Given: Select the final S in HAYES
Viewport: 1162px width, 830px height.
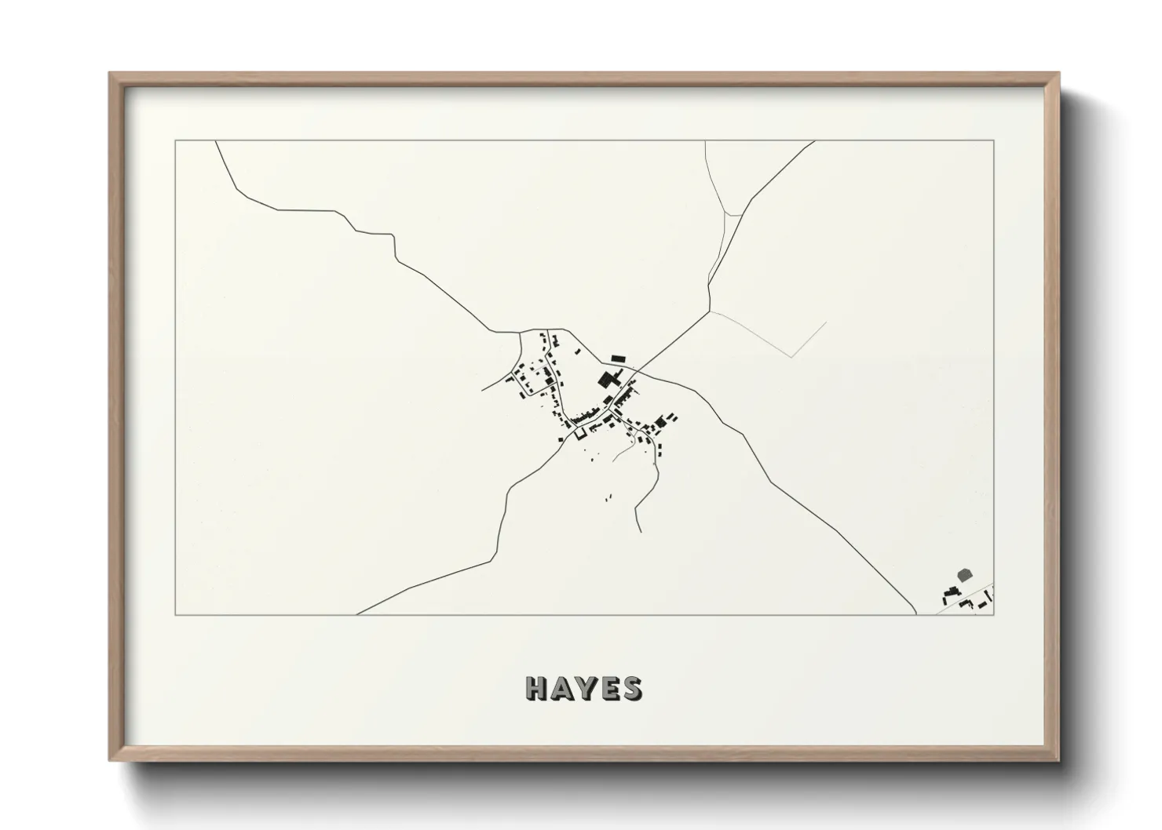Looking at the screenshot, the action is click(630, 688).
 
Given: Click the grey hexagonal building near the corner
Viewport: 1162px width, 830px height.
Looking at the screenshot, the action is click(964, 576).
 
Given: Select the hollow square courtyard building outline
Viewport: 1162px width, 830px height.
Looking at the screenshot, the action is click(581, 432).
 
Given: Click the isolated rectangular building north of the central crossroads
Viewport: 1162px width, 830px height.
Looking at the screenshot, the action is click(618, 358).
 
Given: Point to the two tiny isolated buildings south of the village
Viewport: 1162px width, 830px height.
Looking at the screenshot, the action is click(608, 497).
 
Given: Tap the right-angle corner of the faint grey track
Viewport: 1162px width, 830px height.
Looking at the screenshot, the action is click(794, 357).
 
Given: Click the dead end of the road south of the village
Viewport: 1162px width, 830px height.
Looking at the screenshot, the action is click(641, 532).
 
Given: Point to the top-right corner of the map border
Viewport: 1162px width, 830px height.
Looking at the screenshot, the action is click(994, 140).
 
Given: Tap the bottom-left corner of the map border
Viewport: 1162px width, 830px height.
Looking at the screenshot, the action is click(175, 614).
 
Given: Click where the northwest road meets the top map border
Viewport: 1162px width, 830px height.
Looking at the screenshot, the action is click(216, 141).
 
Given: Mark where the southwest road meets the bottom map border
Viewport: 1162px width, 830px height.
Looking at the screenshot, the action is click(357, 614).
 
